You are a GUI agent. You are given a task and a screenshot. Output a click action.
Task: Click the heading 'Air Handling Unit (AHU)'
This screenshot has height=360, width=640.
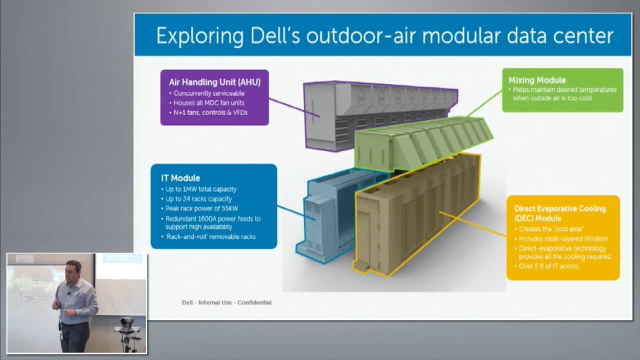point(214,82)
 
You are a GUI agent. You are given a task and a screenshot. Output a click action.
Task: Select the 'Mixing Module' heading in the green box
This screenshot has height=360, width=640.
point(536,80)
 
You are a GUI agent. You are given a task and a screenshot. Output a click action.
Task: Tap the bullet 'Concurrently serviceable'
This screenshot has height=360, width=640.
point(209,93)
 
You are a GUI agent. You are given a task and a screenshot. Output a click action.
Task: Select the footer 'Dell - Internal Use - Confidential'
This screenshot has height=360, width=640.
point(226,302)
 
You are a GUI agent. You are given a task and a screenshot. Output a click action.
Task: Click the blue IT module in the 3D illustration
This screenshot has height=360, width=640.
point(330,210)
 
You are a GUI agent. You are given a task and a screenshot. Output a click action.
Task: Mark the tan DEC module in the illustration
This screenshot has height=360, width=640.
point(415,215)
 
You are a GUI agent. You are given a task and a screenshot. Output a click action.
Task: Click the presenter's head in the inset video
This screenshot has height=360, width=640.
point(73,269)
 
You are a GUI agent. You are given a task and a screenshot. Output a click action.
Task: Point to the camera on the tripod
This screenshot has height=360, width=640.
point(127,322)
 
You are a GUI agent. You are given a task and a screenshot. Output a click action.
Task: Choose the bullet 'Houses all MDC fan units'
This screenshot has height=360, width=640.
point(209,103)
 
